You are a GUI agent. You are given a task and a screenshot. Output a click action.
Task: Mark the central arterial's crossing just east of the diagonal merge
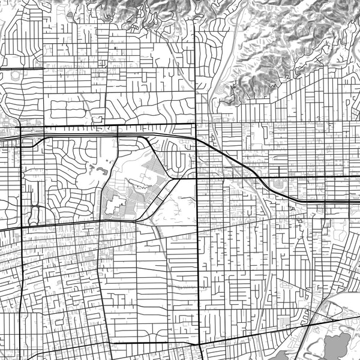(x=197, y=178)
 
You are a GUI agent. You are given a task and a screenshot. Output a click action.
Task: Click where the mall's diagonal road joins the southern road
(x=137, y=220)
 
